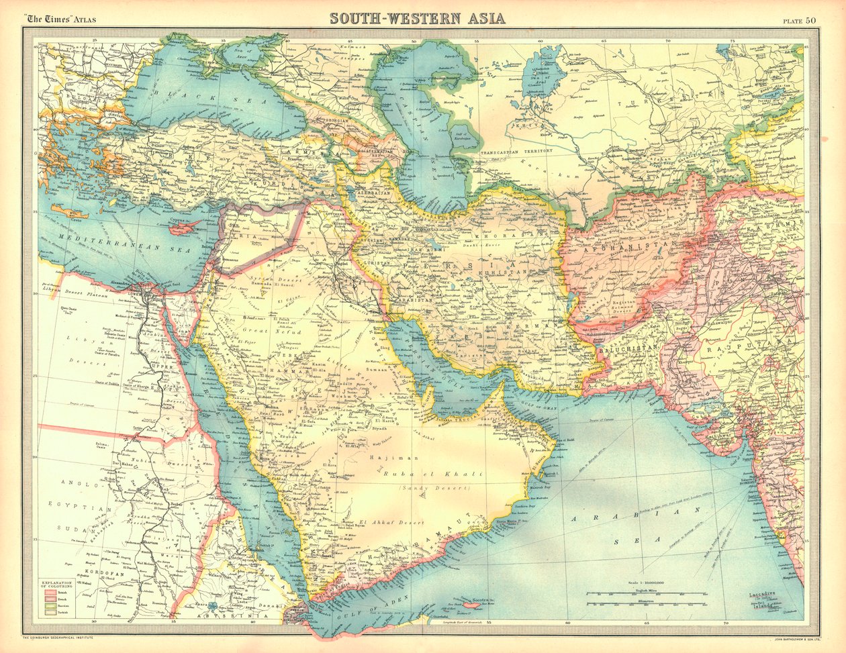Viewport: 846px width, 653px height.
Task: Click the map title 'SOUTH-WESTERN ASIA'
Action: [417, 17]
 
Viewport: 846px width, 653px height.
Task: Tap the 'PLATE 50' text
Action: [798, 19]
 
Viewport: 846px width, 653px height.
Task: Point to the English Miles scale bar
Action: [645, 595]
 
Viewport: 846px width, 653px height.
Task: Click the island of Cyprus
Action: [183, 228]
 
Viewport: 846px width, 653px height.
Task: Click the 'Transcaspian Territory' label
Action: [516, 152]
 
